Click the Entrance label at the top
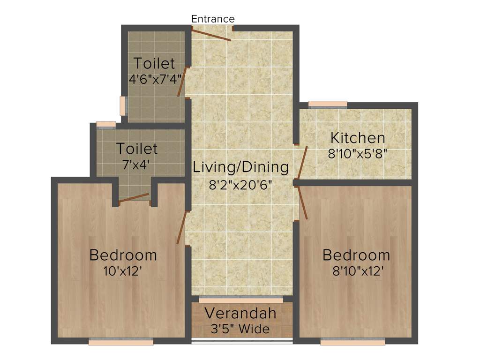(213, 19)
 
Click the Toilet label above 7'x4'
(137, 149)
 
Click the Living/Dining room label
(241, 167)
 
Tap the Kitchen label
(358, 138)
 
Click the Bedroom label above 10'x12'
(123, 255)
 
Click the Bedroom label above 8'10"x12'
(356, 255)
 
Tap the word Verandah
(240, 313)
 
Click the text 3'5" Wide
(238, 329)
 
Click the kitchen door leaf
(302, 162)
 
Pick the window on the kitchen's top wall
(328, 105)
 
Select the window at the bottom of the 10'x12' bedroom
(121, 342)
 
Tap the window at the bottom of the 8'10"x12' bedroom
(352, 342)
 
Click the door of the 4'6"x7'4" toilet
(182, 82)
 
